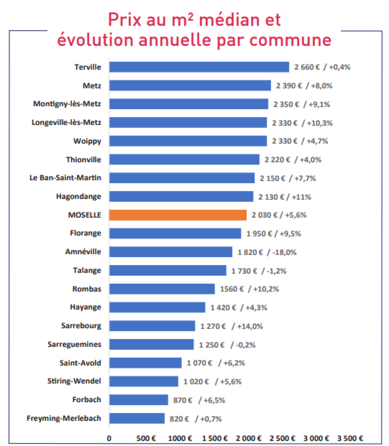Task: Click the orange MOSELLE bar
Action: (x=178, y=215)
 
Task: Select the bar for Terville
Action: (x=199, y=67)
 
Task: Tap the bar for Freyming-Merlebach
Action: (x=137, y=418)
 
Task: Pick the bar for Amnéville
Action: (x=171, y=252)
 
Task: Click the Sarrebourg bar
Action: (x=152, y=326)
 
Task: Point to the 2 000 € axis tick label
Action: (x=249, y=438)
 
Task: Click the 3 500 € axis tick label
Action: (x=350, y=438)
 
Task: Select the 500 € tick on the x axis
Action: (x=146, y=438)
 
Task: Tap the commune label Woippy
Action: (x=87, y=141)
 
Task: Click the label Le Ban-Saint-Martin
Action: (x=65, y=178)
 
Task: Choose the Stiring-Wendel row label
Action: (x=74, y=381)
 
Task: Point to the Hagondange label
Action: (x=78, y=196)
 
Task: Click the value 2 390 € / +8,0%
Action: (x=304, y=86)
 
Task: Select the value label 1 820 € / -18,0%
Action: (x=267, y=252)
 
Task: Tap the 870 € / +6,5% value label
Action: (x=199, y=400)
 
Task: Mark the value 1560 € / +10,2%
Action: (x=249, y=289)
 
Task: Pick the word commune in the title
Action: (x=290, y=40)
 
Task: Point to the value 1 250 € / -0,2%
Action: (x=227, y=345)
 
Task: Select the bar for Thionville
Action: (x=184, y=159)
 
